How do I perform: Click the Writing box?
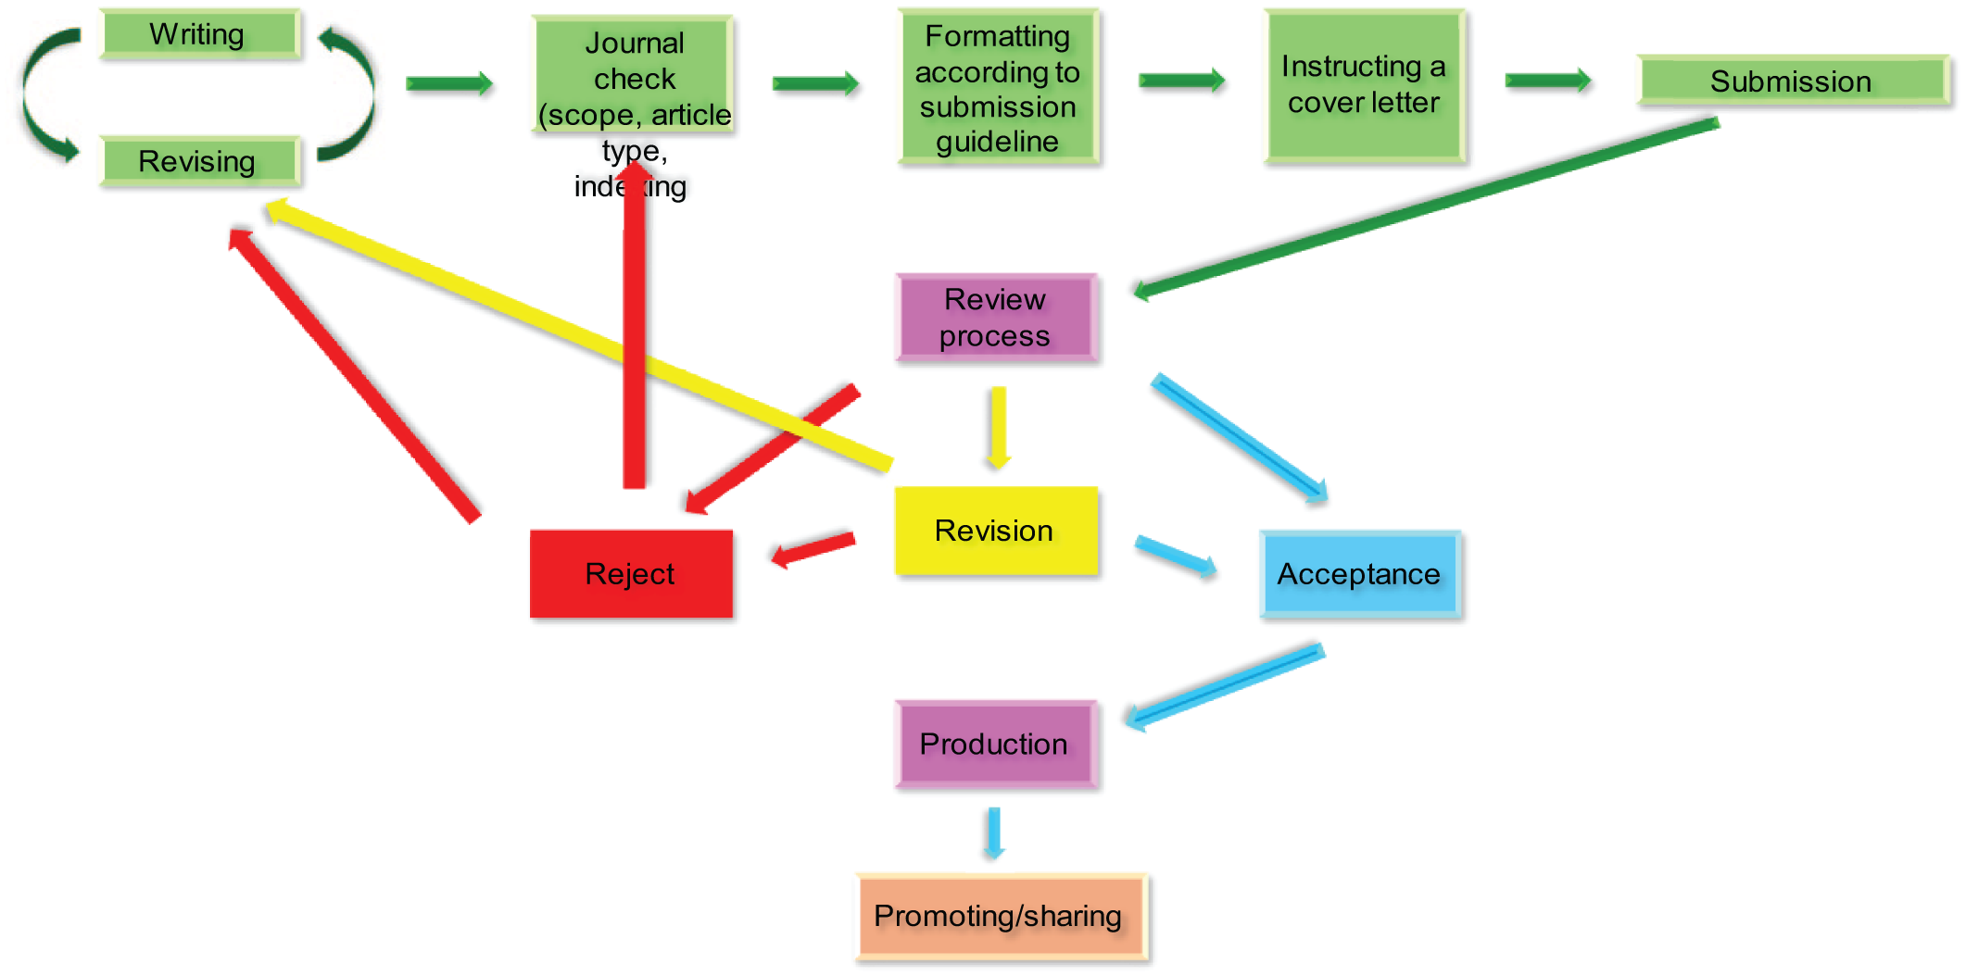coord(199,34)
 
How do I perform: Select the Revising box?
coord(199,161)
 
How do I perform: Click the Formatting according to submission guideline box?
coord(998,88)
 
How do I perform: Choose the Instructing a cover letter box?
coord(1364,86)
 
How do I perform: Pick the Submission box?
coord(1792,81)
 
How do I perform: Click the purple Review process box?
coord(996,318)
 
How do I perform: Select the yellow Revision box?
coord(996,531)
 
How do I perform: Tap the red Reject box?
coord(631,573)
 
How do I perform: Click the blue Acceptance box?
coord(1360,574)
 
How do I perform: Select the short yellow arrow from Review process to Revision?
coord(998,426)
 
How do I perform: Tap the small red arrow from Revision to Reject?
coord(814,549)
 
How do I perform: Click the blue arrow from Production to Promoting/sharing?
coord(994,832)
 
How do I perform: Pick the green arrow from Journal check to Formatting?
coord(816,83)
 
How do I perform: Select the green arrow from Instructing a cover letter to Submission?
coord(1547,81)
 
